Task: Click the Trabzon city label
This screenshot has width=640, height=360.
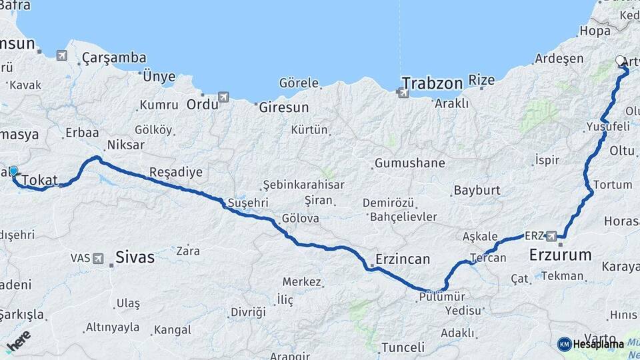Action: click(431, 84)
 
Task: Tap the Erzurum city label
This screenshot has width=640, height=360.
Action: click(560, 255)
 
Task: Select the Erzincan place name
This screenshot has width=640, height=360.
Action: click(402, 259)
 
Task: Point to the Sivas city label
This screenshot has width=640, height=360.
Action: click(135, 257)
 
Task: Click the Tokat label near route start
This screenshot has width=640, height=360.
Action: click(40, 180)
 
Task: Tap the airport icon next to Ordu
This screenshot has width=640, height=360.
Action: click(223, 97)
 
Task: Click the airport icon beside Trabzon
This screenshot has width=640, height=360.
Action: click(403, 93)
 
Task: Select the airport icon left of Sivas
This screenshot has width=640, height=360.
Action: click(99, 258)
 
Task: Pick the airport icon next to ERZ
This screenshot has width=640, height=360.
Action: click(551, 236)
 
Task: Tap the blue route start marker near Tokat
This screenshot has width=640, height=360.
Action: click(13, 171)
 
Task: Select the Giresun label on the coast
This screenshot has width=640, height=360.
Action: click(283, 107)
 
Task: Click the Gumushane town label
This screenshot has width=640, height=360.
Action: click(409, 163)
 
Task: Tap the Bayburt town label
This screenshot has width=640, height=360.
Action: click(477, 191)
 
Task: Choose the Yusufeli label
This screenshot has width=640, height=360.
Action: click(607, 126)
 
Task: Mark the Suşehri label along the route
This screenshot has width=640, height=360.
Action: click(247, 202)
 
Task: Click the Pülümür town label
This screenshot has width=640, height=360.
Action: click(441, 297)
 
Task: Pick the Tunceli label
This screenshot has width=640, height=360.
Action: click(402, 347)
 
